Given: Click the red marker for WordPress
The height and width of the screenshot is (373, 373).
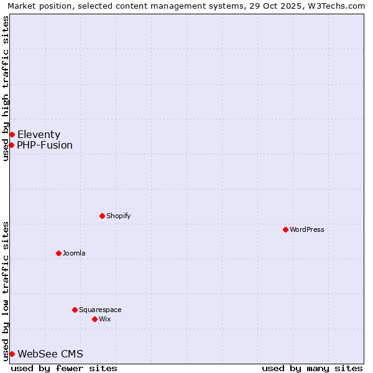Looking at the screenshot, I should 285,229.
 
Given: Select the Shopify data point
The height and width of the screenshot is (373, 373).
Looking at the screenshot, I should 103,216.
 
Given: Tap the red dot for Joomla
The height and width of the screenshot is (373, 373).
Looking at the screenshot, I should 58,253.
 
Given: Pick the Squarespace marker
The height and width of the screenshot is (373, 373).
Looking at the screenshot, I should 75,310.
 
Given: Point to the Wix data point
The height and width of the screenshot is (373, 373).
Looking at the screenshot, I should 94,319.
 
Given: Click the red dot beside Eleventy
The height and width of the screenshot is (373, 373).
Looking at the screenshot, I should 12,134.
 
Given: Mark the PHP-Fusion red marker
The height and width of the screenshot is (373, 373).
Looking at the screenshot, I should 11,145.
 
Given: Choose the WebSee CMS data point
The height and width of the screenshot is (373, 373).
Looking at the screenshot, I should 12,354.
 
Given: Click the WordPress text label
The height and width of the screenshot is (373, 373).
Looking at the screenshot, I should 307,229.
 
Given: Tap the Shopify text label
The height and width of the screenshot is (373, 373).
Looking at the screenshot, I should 119,216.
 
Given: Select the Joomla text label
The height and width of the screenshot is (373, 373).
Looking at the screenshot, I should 74,253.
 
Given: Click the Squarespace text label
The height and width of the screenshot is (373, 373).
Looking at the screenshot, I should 100,310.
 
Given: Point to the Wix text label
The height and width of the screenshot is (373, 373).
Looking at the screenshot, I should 105,319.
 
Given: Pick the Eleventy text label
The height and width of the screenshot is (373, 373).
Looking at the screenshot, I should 39,134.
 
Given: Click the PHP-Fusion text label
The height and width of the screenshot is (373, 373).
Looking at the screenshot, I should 45,145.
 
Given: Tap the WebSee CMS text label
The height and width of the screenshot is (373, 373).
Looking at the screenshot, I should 50,354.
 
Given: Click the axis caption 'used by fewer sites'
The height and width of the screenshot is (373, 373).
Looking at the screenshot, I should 64,368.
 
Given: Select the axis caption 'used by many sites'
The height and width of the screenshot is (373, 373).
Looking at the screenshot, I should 312,368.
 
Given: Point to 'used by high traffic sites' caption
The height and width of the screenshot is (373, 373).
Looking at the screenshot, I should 6,88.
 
